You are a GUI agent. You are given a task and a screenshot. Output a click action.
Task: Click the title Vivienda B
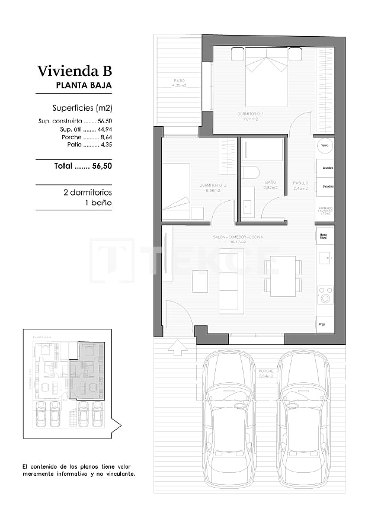(74, 71)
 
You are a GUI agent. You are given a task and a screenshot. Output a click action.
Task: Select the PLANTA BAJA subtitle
(84, 85)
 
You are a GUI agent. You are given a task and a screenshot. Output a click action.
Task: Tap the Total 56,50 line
(83, 166)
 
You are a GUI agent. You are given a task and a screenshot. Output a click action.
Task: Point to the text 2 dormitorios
(88, 193)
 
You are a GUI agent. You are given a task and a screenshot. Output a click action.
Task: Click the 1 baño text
(98, 203)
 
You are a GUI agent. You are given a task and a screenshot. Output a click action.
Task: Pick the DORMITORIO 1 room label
(251, 116)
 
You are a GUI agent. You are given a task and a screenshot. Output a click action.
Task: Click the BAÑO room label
(270, 184)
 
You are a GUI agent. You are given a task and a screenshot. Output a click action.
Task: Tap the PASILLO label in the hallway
(301, 185)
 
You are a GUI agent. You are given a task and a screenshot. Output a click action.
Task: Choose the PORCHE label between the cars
(266, 373)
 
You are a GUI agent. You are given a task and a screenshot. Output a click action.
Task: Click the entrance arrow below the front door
(177, 348)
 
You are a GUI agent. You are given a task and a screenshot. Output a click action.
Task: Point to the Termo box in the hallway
(324, 146)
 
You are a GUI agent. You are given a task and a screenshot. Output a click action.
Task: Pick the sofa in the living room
(231, 280)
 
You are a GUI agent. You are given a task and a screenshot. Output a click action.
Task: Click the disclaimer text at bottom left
(78, 470)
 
